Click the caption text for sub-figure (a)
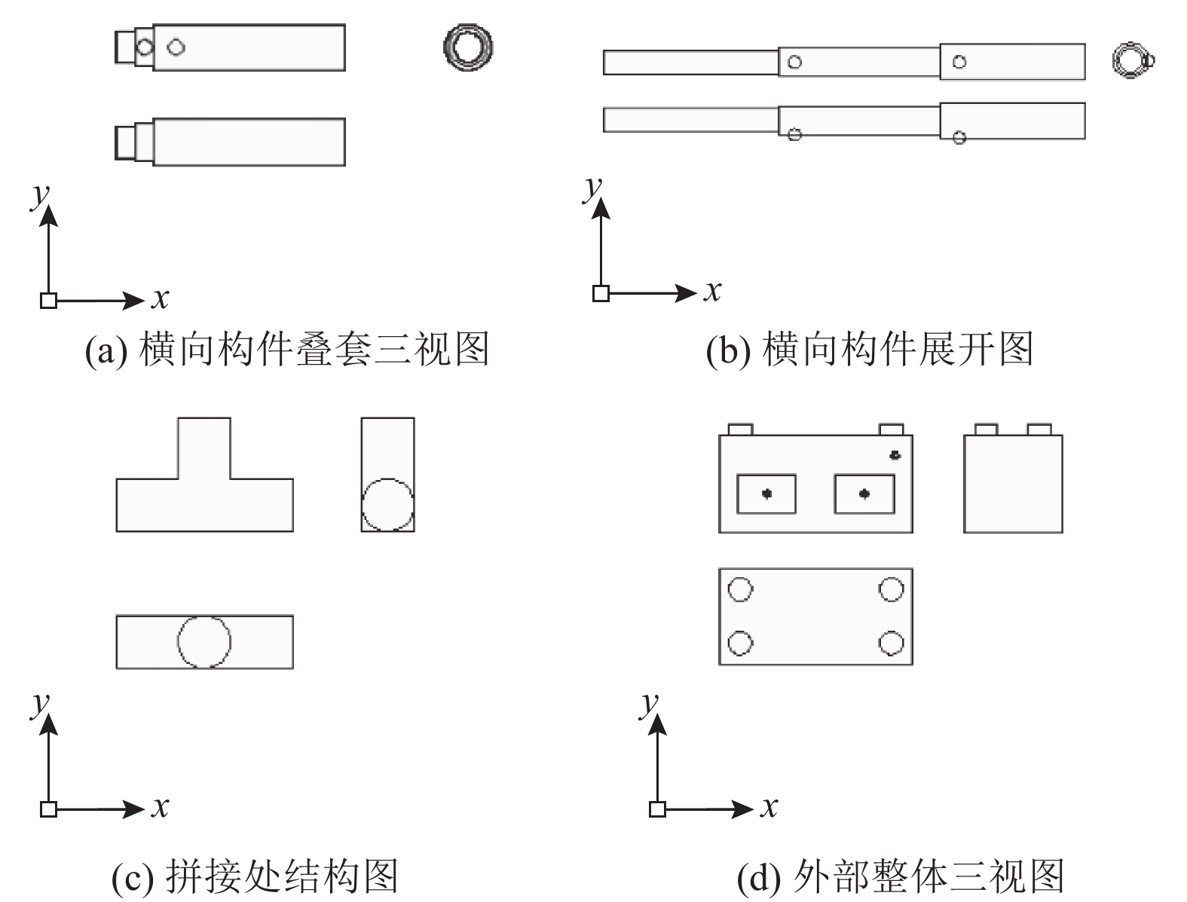point(286,350)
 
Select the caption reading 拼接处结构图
point(254,877)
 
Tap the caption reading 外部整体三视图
point(900,877)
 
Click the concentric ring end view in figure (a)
point(467,47)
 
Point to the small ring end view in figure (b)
point(1132,60)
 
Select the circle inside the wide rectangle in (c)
point(204,641)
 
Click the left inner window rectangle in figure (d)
point(766,494)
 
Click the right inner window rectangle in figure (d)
point(864,494)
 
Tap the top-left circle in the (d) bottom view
point(740,589)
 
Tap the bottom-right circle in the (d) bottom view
point(891,644)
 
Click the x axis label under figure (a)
point(160,299)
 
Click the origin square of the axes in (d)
point(657,809)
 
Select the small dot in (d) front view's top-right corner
point(895,455)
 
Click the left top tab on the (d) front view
point(740,430)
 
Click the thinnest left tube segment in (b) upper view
point(690,63)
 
